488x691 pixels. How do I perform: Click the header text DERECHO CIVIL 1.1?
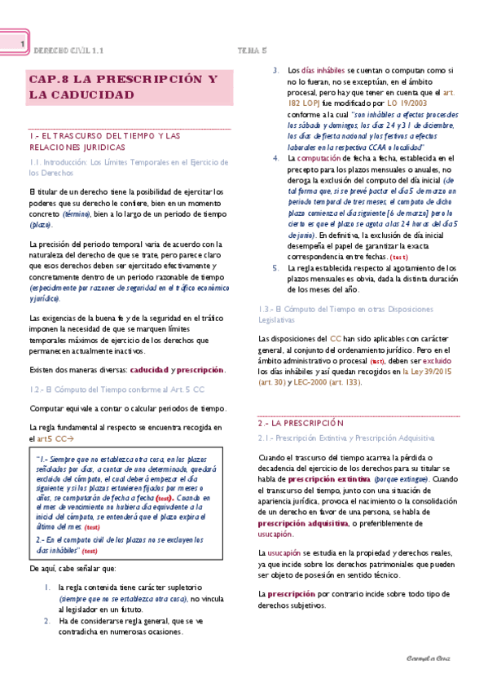[x=68, y=51]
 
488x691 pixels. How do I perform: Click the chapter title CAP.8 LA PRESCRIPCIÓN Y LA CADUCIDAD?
[x=122, y=87]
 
